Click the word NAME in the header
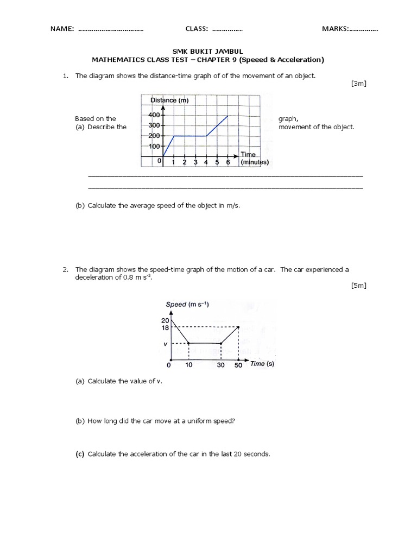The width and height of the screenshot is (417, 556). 61,29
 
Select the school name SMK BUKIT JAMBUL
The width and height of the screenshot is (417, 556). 208,51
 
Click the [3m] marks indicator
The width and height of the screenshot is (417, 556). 359,84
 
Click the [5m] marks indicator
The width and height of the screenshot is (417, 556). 359,286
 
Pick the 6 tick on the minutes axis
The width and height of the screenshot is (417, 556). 228,162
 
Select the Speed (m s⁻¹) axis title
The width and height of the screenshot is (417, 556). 187,305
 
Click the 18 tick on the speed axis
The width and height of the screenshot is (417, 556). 165,327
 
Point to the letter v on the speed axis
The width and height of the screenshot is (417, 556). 166,344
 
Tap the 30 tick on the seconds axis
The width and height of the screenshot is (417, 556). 220,365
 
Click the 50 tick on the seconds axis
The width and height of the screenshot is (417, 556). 239,365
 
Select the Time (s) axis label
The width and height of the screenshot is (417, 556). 262,364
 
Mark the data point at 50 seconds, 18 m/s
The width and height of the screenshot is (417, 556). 239,327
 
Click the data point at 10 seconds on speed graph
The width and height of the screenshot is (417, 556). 188,343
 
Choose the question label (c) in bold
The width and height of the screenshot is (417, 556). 80,454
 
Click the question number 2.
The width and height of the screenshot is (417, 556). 65,269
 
